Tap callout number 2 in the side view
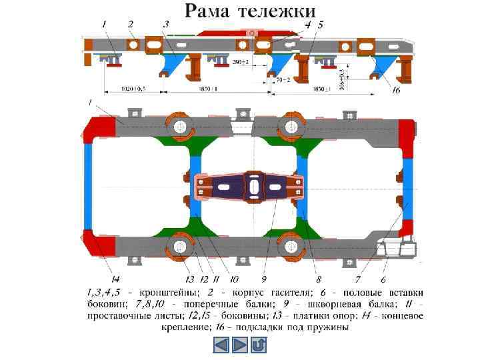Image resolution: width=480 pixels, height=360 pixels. click(x=131, y=23)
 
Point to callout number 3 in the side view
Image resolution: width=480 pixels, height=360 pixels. click(x=165, y=23)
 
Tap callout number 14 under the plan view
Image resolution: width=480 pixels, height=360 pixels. click(x=115, y=279)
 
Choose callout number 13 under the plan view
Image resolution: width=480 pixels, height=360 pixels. click(x=189, y=279)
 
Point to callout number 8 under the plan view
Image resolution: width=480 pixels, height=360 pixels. click(x=319, y=279)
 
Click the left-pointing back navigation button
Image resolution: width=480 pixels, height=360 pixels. click(x=221, y=345)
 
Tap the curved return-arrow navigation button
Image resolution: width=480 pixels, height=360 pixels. click(x=259, y=345)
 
